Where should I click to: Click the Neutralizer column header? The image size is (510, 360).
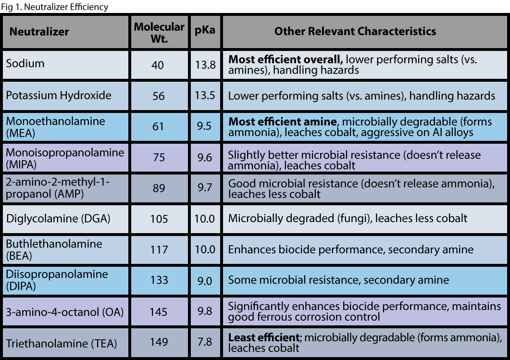tap(39, 32)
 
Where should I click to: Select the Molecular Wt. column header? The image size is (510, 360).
tap(159, 32)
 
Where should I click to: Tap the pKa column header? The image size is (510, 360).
tap(205, 32)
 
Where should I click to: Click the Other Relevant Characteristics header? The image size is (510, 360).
tap(355, 32)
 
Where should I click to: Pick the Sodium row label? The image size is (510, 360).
tap(25, 63)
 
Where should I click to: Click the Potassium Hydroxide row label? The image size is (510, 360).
tap(59, 95)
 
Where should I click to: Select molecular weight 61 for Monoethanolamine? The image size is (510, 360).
tap(158, 127)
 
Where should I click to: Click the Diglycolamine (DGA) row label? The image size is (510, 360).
tap(58, 219)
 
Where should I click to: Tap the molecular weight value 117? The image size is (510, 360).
tap(159, 249)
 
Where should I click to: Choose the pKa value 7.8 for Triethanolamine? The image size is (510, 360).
tap(205, 342)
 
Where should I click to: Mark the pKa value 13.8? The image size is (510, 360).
tap(205, 64)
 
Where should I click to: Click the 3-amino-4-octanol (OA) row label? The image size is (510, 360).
tap(65, 311)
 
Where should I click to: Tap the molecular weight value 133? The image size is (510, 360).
tap(159, 280)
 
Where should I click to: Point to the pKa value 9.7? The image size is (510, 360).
tap(205, 187)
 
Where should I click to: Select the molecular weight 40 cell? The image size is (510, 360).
tap(158, 64)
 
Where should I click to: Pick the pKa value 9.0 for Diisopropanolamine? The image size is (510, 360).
tap(205, 280)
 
